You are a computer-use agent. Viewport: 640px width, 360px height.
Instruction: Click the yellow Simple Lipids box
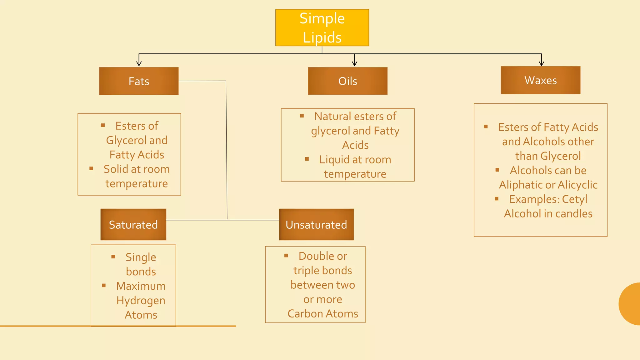(322, 27)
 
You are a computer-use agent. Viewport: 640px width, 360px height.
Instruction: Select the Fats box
(139, 81)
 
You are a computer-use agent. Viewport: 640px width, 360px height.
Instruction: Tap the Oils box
(347, 81)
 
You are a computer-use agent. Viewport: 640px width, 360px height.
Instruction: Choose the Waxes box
(540, 80)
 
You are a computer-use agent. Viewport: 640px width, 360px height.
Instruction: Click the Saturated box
(133, 224)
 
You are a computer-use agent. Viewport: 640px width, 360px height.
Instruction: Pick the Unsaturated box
(316, 224)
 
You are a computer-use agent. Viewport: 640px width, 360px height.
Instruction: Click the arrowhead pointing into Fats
(139, 63)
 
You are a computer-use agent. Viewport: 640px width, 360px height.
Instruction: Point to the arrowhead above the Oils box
(354, 63)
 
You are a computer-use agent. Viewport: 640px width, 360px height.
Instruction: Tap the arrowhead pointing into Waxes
(541, 63)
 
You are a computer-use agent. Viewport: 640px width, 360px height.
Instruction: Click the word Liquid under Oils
(334, 160)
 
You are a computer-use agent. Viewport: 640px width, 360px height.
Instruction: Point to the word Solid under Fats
(116, 169)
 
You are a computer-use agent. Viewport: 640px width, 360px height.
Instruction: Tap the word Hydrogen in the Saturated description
(141, 301)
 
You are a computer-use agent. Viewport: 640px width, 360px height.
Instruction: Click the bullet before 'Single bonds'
(113, 257)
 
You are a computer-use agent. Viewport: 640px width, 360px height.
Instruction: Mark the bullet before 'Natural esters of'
(302, 116)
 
